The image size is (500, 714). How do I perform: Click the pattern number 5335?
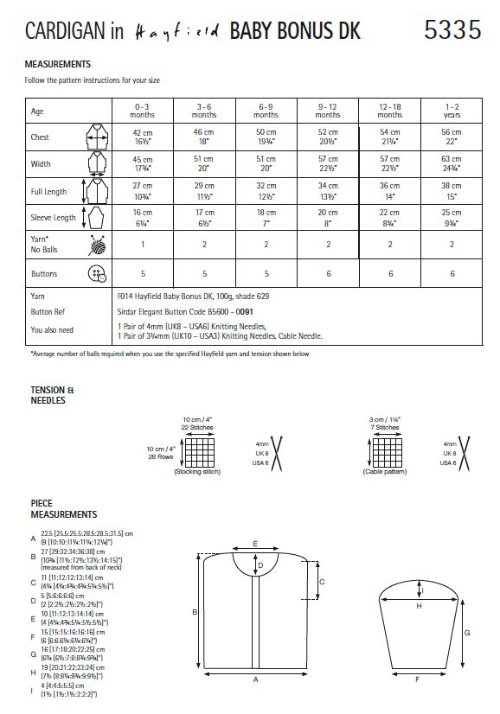[452, 32]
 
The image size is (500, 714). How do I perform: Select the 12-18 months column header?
[389, 111]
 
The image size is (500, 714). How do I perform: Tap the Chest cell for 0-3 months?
[142, 136]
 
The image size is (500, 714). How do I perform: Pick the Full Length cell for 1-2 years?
[451, 190]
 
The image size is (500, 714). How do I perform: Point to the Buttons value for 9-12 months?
[328, 273]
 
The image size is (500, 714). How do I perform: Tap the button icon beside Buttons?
[93, 274]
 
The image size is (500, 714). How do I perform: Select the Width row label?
[41, 163]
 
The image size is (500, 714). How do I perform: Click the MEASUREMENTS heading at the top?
[58, 65]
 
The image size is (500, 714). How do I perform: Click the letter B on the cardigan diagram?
[195, 612]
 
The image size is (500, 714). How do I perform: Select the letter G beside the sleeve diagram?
[467, 632]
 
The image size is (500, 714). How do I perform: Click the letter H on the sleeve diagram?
[419, 607]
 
